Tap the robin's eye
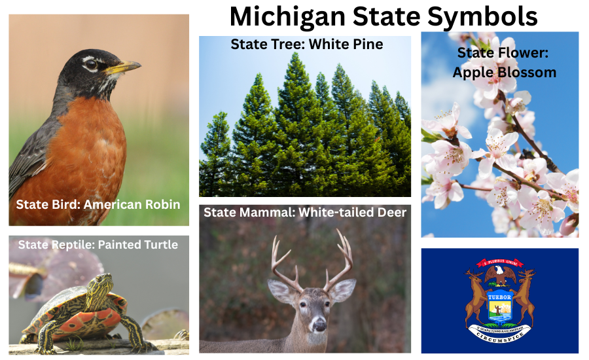[91, 65]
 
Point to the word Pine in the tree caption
[367, 45]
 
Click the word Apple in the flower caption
[474, 72]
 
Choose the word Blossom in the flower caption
[527, 72]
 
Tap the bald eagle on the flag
[501, 273]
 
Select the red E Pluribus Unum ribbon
[500, 262]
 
